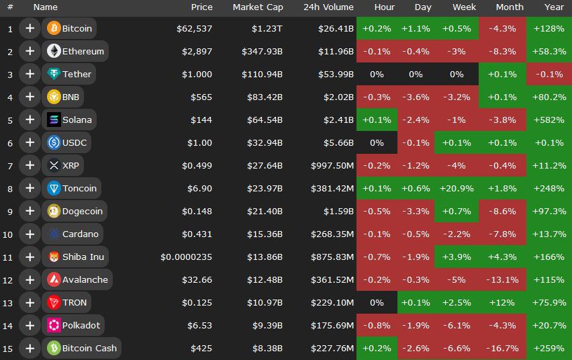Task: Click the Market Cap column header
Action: click(x=258, y=7)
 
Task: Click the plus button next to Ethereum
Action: click(x=30, y=52)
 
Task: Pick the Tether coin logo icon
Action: click(x=54, y=75)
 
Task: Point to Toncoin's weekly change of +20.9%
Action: click(x=457, y=189)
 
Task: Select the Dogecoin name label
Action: click(x=82, y=212)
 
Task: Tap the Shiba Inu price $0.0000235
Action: click(x=186, y=257)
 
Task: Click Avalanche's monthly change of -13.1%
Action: click(x=502, y=280)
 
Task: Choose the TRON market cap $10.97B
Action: click(x=265, y=303)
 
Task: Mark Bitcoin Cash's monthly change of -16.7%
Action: click(x=502, y=349)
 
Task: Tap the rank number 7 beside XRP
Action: click(x=10, y=166)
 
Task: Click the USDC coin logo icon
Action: click(x=54, y=143)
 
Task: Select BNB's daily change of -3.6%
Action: click(x=415, y=97)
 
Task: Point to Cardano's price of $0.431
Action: click(x=197, y=234)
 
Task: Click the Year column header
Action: click(x=555, y=7)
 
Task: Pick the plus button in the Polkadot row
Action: click(x=30, y=326)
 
